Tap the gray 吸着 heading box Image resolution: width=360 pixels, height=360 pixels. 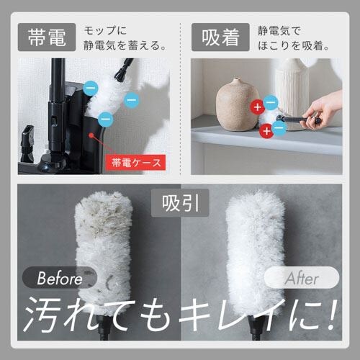pos(221,36)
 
